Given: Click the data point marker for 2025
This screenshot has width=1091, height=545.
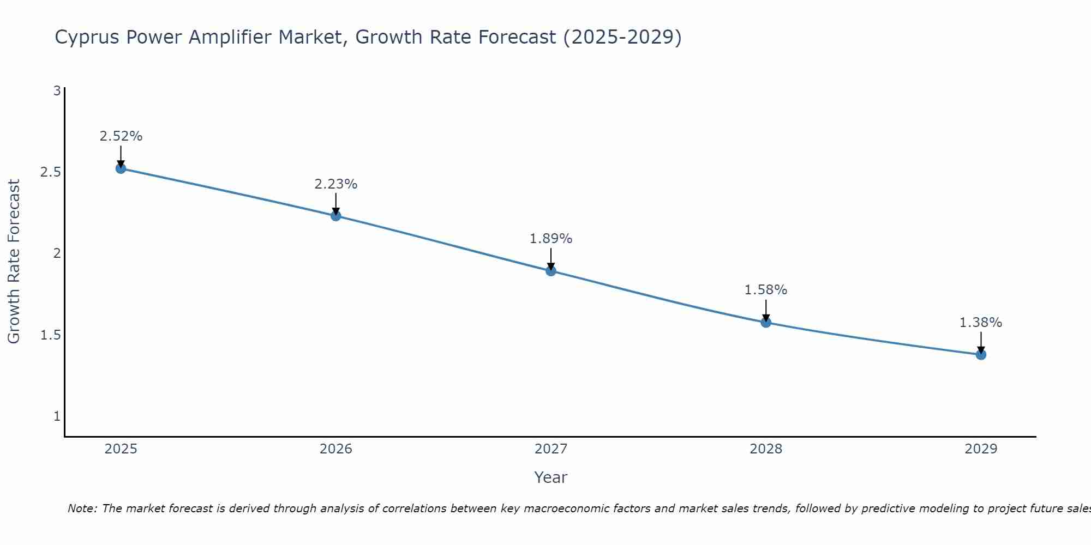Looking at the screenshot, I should point(121,168).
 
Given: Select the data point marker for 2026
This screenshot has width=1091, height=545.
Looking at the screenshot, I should point(336,216).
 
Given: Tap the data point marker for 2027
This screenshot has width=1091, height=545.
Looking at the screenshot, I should point(551,271).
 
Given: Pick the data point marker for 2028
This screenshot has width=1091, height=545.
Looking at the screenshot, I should point(766,322).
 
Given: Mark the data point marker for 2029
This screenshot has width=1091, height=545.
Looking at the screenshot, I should point(981,355).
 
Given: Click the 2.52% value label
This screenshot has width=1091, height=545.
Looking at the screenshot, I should point(121,136).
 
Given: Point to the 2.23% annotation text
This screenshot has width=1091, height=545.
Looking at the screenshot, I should point(336,184).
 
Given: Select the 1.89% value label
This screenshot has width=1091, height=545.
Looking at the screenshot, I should point(551,239).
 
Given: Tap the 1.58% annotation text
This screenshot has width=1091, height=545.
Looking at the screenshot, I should point(766,290).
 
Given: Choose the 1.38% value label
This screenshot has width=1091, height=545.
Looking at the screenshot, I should point(981,323).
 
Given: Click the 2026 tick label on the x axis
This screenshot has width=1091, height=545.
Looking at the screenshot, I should point(336,449).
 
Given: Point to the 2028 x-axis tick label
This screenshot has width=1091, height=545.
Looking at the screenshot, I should point(766,449).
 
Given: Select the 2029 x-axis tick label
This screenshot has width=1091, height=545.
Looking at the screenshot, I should point(981,449).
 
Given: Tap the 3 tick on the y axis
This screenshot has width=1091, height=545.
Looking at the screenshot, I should point(57,91).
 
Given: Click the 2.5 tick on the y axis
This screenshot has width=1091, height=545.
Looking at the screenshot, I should point(50,172).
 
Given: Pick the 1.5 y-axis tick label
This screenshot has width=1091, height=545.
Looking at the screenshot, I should point(50,335).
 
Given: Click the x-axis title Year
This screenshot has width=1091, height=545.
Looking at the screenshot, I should point(551,477).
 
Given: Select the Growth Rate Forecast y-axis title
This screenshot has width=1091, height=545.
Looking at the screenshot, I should point(14,262).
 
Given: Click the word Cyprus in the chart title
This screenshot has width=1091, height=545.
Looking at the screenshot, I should point(87,38).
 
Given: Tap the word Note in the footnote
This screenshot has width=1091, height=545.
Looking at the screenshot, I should point(82,508).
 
